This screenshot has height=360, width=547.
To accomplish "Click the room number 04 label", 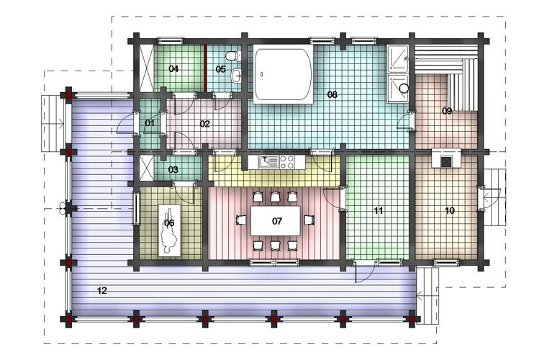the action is coord(173,68).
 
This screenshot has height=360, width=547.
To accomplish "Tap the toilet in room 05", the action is coord(233,56).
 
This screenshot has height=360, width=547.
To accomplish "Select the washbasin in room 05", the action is coord(236,75).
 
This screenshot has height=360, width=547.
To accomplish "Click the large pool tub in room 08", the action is coord(283,74).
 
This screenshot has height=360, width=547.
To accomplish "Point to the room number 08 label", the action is coord(332,94).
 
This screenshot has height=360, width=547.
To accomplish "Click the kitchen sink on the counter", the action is coord(268,162).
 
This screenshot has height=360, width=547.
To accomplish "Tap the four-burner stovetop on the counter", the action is coord(287,162).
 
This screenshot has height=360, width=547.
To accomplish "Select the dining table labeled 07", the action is coord(276,221).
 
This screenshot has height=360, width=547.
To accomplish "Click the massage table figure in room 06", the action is coord(169,230).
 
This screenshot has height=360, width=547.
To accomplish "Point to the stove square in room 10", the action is coord(446,161).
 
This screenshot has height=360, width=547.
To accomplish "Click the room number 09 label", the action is coord(447,111).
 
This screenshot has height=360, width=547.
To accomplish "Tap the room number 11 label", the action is coord(378,211).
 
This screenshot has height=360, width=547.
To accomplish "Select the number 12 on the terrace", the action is coord(102,290).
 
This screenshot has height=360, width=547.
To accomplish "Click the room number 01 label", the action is coord(150,123).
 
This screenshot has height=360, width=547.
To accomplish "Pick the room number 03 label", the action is coord(173,169).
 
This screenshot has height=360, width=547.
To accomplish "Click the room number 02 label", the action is coord(205,124).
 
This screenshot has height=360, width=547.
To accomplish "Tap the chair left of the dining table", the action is coord(241,220).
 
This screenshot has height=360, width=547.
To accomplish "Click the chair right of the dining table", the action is coord(309,220).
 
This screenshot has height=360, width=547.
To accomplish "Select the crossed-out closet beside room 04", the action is coord(146,68).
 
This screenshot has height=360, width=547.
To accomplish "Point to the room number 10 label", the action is coord(450,211).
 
